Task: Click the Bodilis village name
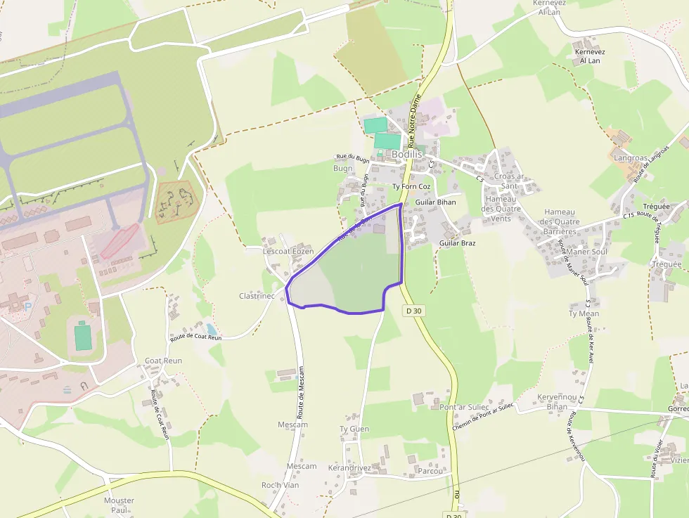point(406,154)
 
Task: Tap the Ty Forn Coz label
point(411,186)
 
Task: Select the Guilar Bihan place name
point(435,202)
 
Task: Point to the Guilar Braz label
point(457,243)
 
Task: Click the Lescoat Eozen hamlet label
point(288,251)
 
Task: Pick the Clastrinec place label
point(257,296)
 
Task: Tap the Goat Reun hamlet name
point(163,361)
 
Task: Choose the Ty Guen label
point(354,429)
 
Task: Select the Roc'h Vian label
point(281,485)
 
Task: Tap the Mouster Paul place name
point(119,505)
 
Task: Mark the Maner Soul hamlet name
point(586,252)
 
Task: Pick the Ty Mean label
point(584,313)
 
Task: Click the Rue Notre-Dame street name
point(416,119)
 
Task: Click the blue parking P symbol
point(27,306)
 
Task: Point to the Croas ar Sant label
point(509,181)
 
